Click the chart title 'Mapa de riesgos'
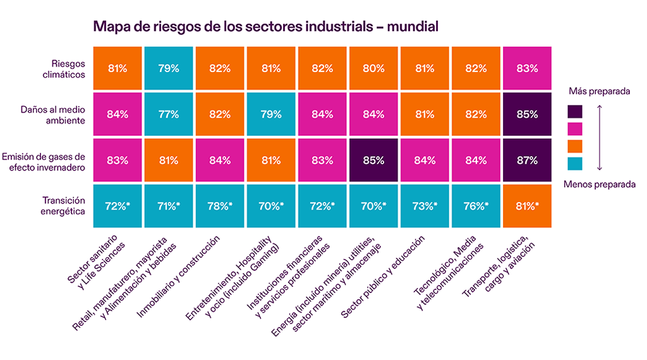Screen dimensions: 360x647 click(x=265, y=27)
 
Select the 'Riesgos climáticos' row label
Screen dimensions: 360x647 click(x=68, y=68)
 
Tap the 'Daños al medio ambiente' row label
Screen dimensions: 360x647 click(x=58, y=114)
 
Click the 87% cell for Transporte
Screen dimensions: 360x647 click(x=528, y=160)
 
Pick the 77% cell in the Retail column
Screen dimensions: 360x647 click(x=168, y=114)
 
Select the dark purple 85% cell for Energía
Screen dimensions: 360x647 click(x=373, y=160)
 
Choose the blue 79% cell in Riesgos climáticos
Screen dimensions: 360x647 click(x=168, y=68)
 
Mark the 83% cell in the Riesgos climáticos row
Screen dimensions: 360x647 click(x=528, y=68)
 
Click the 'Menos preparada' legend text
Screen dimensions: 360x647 click(x=600, y=184)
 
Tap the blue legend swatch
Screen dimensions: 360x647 click(x=576, y=164)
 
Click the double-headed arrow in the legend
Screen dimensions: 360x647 click(x=599, y=138)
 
